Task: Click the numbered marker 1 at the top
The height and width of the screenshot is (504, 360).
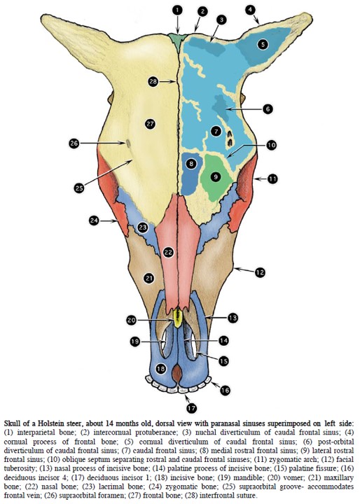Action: (177, 10)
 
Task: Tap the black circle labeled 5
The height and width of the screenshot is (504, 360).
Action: (263, 44)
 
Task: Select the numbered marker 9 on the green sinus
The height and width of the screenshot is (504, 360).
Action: (216, 176)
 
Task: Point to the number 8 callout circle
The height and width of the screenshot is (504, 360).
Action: (191, 164)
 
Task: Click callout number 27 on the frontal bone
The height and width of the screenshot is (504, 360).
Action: (151, 124)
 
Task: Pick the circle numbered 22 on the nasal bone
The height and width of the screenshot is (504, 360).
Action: (168, 252)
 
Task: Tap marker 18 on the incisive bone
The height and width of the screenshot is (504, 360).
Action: (160, 368)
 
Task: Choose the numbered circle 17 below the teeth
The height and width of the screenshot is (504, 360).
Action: (191, 408)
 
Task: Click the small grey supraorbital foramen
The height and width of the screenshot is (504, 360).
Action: (128, 143)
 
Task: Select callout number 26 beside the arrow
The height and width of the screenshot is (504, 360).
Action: (74, 143)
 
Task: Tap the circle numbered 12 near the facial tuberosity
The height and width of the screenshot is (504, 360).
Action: (260, 272)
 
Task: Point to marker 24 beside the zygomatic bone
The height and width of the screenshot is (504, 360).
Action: (94, 220)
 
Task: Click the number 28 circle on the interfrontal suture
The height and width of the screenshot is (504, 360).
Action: (153, 81)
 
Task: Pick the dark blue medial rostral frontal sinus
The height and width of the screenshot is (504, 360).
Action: (191, 174)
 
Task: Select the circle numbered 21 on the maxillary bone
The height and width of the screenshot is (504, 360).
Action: (149, 278)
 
